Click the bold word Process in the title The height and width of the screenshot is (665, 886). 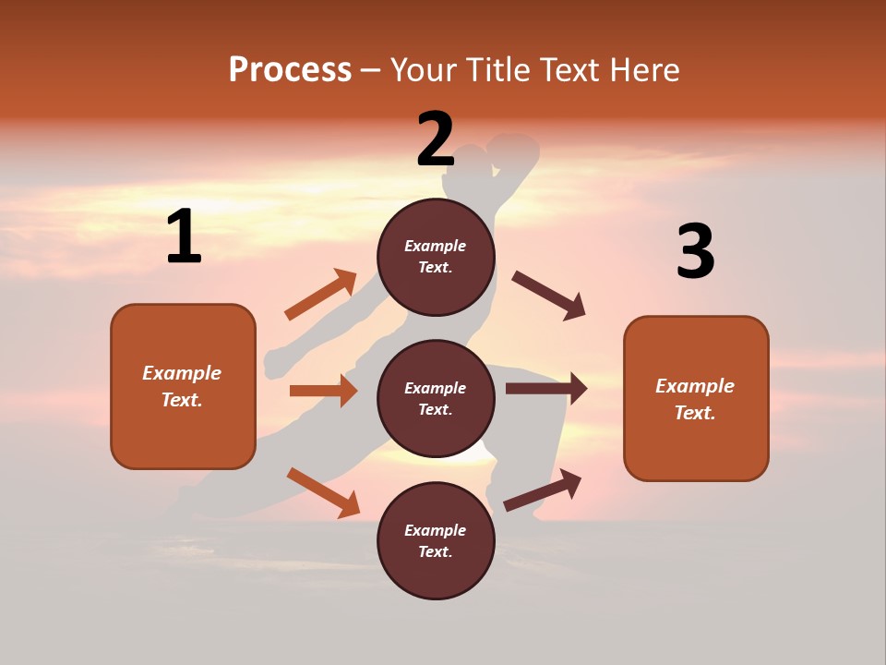[x=290, y=69]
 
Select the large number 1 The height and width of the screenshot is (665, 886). [x=184, y=237]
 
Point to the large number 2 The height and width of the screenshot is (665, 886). [x=436, y=139]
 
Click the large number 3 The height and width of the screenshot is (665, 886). [x=695, y=251]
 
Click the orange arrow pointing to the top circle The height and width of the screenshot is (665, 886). [x=321, y=295]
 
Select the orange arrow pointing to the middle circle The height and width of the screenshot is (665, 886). [x=324, y=391]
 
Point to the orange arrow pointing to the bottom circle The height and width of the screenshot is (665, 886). [x=324, y=492]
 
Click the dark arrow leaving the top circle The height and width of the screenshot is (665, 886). [x=549, y=296]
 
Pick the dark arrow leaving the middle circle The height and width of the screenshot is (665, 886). [x=546, y=389]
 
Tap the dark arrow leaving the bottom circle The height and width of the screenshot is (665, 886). [x=544, y=490]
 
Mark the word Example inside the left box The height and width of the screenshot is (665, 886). [x=182, y=373]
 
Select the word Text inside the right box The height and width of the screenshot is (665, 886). [x=694, y=413]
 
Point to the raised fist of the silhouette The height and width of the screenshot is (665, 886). [x=514, y=151]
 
